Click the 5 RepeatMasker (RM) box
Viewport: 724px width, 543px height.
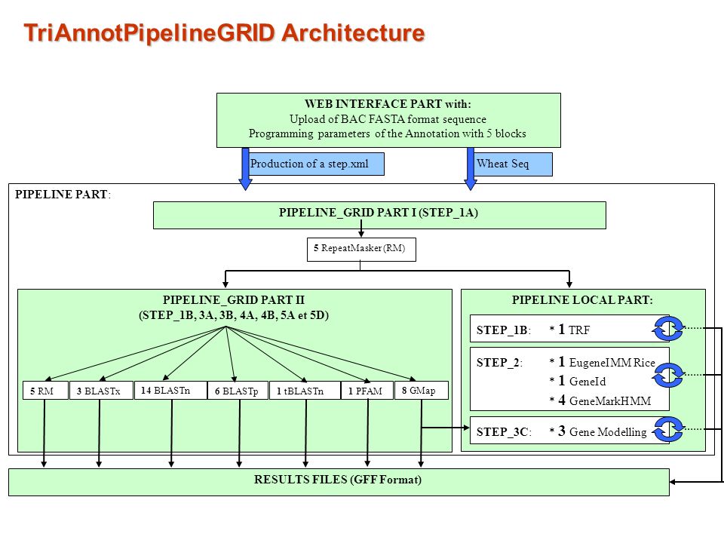361,250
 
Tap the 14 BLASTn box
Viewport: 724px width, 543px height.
170,390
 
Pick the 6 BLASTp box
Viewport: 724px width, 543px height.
238,391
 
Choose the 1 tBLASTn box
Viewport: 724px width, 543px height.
305,391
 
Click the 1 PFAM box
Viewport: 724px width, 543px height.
367,391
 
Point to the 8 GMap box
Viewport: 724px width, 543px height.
421,391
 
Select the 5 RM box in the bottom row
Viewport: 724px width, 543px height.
45,391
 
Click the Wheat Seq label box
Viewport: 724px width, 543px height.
513,164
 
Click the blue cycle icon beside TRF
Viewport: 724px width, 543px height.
668,328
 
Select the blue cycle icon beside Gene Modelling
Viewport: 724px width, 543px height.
668,429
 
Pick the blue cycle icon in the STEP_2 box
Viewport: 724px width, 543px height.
668,375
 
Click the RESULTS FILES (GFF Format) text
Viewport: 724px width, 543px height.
338,480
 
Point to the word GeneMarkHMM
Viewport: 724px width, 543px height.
610,400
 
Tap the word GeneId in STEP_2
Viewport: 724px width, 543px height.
587,382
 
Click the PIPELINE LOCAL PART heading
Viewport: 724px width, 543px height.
582,300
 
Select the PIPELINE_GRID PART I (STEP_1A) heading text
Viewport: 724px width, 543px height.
378,213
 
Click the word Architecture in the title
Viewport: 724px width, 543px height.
353,32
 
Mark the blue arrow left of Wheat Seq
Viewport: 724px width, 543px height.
471,169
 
